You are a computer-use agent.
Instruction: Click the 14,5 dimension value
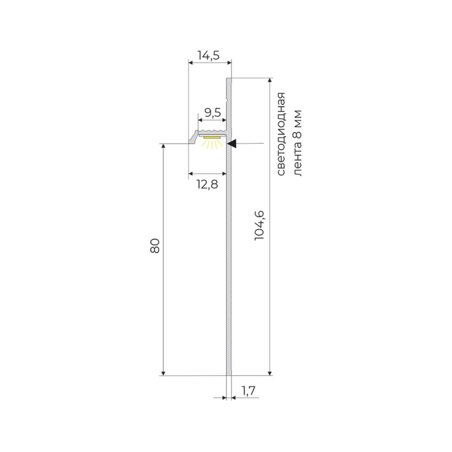[x=208, y=56]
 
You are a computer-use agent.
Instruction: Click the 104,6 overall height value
[x=259, y=225]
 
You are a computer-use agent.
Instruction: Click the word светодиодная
[x=281, y=134]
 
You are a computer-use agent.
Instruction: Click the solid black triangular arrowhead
[x=232, y=144]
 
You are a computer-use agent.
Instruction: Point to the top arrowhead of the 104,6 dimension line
[x=270, y=80]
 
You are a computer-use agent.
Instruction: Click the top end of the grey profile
[x=229, y=80]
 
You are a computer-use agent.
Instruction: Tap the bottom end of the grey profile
[x=229, y=373]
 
